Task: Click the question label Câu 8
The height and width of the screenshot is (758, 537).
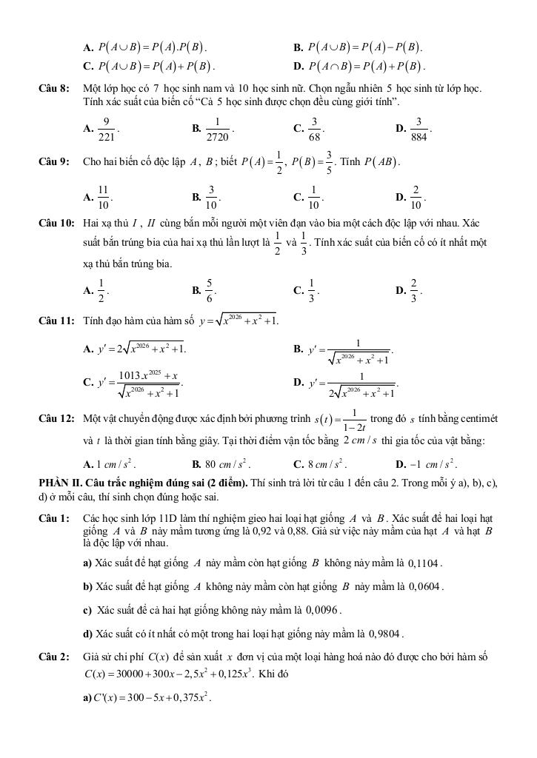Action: click(54, 88)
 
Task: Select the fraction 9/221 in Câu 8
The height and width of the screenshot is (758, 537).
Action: click(107, 128)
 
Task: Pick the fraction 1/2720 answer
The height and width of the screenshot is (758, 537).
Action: click(217, 128)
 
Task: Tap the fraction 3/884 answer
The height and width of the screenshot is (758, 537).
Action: click(418, 128)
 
